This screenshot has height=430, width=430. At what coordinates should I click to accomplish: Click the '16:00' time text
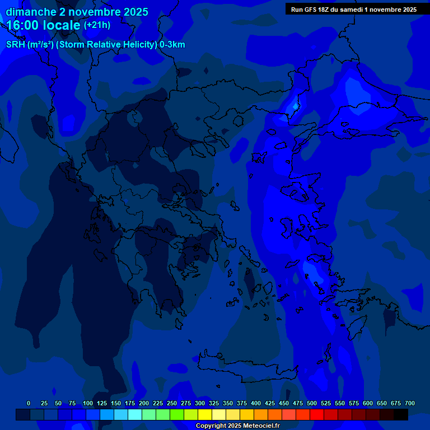point(23,26)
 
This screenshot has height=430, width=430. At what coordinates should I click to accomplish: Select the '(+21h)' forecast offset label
point(97,25)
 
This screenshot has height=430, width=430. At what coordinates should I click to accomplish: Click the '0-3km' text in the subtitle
point(172,45)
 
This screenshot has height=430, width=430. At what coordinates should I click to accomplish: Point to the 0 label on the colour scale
point(29,403)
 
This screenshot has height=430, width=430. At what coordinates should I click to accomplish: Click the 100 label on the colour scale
point(88,403)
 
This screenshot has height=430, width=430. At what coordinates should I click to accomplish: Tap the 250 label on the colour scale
point(172,403)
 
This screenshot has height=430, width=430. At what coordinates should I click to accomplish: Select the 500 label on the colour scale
point(312,403)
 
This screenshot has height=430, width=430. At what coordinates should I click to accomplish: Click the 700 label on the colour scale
point(410,403)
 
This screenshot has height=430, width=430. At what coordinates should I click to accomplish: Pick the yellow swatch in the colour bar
point(205,415)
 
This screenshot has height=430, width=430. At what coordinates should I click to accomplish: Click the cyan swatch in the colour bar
point(135,415)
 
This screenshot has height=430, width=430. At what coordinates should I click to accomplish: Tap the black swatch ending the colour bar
point(401,415)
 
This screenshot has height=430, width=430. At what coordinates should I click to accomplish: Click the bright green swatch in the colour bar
point(177,415)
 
